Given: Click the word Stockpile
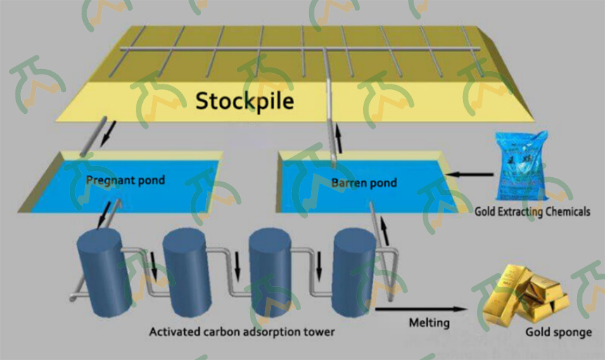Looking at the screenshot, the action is coord(245,101).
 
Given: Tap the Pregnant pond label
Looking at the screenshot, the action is coord(125,181).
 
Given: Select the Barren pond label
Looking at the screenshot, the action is coord(364,182).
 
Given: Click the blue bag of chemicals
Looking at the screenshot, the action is coord(523,166).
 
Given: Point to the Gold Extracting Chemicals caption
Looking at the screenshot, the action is coord(532,211).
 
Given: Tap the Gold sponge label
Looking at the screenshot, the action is coord(559,332).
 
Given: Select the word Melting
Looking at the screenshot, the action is coord(429,322).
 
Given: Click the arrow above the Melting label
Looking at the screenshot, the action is coord(421,309).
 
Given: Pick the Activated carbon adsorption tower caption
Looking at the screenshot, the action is coord(242,331).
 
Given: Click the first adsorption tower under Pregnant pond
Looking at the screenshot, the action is coord(104,272).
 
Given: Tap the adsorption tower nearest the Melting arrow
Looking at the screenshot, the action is coord(354,272).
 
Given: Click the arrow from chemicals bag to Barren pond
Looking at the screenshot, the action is coord(469,174).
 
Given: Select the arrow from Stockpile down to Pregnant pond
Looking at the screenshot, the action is coord(108,134).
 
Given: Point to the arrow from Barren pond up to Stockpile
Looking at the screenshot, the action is coord(338,138).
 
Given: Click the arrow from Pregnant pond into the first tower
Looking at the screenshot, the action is coord(104,214).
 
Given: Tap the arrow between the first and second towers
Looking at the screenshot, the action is coord(154,266).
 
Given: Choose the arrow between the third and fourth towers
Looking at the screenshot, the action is coord(319,266).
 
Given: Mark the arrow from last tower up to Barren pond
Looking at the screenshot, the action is coord(385,231).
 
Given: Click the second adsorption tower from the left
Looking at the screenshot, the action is coord(187,272).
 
